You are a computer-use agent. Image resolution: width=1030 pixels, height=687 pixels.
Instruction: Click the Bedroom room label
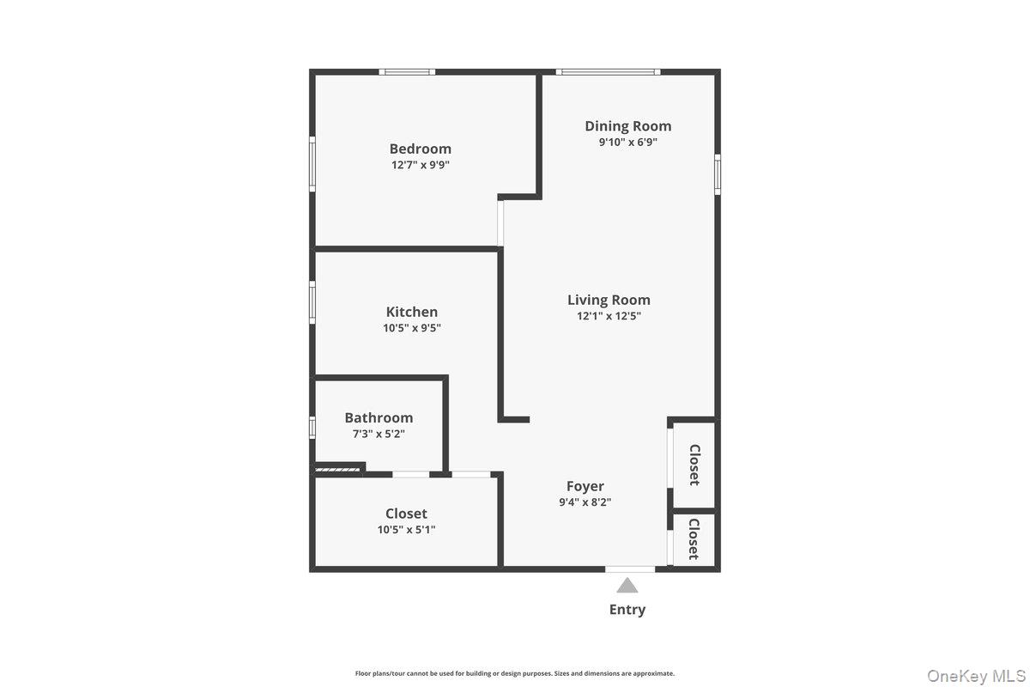click(x=420, y=149)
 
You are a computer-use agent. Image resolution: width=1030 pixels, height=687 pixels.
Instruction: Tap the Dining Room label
click(x=628, y=126)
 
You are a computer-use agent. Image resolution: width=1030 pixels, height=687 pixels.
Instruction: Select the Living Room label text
click(x=609, y=300)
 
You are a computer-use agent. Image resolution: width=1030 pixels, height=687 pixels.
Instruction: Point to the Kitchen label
click(x=411, y=312)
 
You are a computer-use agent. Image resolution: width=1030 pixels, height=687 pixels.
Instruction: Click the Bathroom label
click(x=379, y=417)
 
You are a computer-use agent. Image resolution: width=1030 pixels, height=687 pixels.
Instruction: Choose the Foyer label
click(x=585, y=486)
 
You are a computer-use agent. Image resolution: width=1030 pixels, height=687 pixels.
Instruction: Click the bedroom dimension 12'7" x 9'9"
click(x=420, y=165)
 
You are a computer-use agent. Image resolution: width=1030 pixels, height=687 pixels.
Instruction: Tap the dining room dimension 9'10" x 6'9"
click(x=628, y=143)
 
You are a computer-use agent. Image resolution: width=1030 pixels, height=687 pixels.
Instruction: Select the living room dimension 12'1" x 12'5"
click(x=609, y=316)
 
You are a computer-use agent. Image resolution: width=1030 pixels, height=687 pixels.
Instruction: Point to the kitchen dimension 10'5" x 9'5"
click(x=411, y=328)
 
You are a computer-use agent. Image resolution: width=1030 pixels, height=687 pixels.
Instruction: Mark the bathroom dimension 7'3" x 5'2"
click(x=379, y=434)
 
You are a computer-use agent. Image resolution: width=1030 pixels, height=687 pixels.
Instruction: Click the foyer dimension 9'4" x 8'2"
click(x=585, y=502)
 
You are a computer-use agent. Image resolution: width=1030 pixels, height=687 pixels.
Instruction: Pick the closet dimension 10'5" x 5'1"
click(x=406, y=530)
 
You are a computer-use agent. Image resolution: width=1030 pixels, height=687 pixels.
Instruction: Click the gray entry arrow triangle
click(x=627, y=586)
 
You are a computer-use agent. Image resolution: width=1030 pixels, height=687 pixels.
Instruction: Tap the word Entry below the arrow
click(x=627, y=610)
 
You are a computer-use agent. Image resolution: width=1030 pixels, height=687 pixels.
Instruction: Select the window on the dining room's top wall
click(x=608, y=72)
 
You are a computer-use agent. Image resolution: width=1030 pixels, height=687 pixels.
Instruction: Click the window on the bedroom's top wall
click(x=408, y=72)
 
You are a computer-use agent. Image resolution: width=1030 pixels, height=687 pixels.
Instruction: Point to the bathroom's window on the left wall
click(x=312, y=427)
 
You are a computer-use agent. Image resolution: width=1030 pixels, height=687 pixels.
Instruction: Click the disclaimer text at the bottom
click(x=515, y=673)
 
